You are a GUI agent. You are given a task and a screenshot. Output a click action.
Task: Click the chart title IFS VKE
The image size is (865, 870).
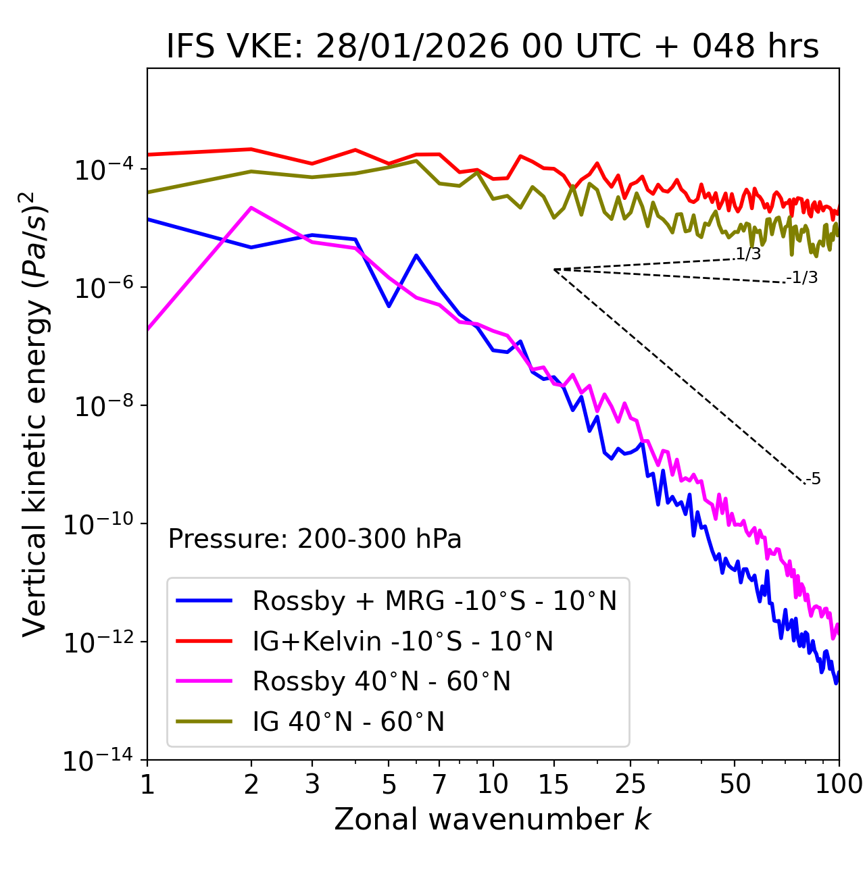pyautogui.click(x=493, y=47)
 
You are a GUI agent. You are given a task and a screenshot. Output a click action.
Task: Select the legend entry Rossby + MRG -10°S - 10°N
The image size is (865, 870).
pyautogui.click(x=434, y=600)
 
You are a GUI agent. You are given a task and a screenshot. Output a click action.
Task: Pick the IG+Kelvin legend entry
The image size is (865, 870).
pyautogui.click(x=403, y=641)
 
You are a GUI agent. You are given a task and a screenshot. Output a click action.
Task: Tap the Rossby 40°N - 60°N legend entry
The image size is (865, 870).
pyautogui.click(x=381, y=682)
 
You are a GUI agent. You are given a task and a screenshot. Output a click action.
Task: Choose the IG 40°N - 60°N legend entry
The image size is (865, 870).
pyautogui.click(x=348, y=722)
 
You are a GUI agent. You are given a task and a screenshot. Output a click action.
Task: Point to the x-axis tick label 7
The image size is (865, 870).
pyautogui.click(x=439, y=784)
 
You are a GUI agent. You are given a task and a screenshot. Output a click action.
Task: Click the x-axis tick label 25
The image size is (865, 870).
pyautogui.click(x=631, y=784)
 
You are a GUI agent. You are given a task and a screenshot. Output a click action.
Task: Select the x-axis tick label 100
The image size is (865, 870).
pyautogui.click(x=838, y=784)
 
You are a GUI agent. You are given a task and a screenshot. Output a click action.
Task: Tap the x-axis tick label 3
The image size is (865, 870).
pyautogui.click(x=312, y=784)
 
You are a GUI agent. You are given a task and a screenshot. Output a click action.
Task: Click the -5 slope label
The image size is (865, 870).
pyautogui.click(x=813, y=480)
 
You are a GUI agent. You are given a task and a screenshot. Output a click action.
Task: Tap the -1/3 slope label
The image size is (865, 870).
pyautogui.click(x=803, y=278)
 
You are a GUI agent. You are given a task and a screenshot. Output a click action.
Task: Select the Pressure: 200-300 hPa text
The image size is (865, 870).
pyautogui.click(x=315, y=539)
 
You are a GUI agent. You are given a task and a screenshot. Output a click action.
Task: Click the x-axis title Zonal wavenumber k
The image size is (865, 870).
pyautogui.click(x=493, y=819)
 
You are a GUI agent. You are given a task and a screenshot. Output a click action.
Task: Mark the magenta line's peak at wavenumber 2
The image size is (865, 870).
pyautogui.click(x=251, y=207)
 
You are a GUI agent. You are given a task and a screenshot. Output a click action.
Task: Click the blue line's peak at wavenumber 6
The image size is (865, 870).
pyautogui.click(x=416, y=255)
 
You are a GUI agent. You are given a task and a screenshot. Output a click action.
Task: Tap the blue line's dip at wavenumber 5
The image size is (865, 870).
pyautogui.click(x=389, y=306)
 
